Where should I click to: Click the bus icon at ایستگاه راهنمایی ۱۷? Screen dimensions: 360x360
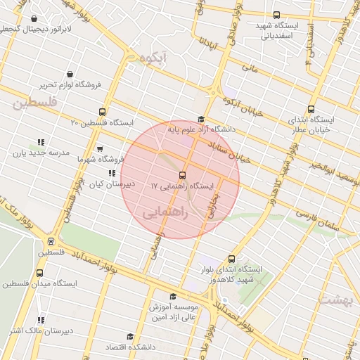pos(182,174)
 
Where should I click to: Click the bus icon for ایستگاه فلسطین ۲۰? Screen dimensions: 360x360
pos(103,112)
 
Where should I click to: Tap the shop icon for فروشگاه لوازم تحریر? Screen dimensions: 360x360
pos(70,74)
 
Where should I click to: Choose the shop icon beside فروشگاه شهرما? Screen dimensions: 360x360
pos(99,148)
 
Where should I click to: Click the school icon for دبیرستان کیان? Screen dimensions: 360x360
pos(111,172)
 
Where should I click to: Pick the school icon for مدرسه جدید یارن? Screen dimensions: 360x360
pos(40,141)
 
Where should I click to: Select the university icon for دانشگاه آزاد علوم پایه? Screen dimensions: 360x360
pos(201,119)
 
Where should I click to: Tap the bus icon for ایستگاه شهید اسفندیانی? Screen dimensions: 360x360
pos(276,15)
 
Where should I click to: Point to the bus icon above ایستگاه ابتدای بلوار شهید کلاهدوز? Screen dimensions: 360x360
pos(232,258)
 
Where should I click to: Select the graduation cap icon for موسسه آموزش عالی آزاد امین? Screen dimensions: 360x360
pos(174,296)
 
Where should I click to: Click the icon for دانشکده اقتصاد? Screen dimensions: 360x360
pos(129,337)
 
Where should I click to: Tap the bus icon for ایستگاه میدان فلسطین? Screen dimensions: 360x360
pos(38,274)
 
